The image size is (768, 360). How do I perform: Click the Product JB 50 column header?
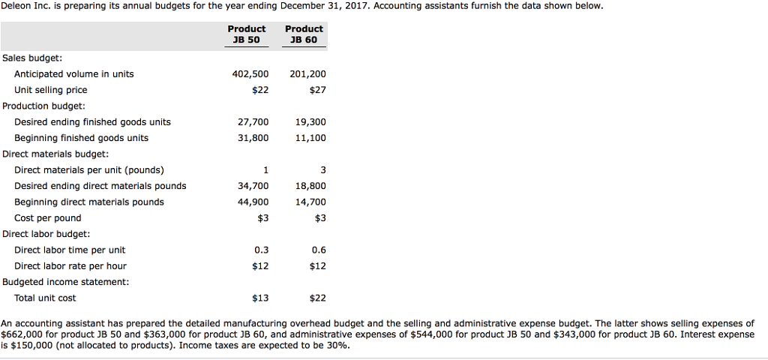pyautogui.click(x=247, y=34)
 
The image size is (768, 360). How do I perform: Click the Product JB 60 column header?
pyautogui.click(x=304, y=34)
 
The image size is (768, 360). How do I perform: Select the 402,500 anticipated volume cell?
pyautogui.click(x=253, y=74)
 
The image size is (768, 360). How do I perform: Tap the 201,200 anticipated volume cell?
pyautogui.click(x=307, y=74)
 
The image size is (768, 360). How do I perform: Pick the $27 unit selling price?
pyautogui.click(x=317, y=90)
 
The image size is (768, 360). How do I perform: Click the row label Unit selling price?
pyautogui.click(x=50, y=90)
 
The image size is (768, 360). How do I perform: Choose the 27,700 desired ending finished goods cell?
pyautogui.click(x=253, y=122)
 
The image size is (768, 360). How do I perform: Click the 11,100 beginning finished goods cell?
pyautogui.click(x=310, y=138)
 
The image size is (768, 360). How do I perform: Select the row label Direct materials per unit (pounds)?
pyautogui.click(x=89, y=170)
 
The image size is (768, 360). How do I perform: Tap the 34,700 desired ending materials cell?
pyautogui.click(x=253, y=186)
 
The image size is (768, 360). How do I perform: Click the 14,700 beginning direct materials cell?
pyautogui.click(x=310, y=202)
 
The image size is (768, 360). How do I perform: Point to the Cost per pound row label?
pyautogui.click(x=48, y=218)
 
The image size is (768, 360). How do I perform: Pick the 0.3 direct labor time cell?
pyautogui.click(x=261, y=250)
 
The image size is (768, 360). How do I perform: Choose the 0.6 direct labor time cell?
pyautogui.click(x=318, y=250)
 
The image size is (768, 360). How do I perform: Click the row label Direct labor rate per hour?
pyautogui.click(x=70, y=266)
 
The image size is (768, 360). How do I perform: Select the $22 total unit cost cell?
pyautogui.click(x=317, y=298)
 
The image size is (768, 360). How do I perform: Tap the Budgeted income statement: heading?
pyautogui.click(x=65, y=282)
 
